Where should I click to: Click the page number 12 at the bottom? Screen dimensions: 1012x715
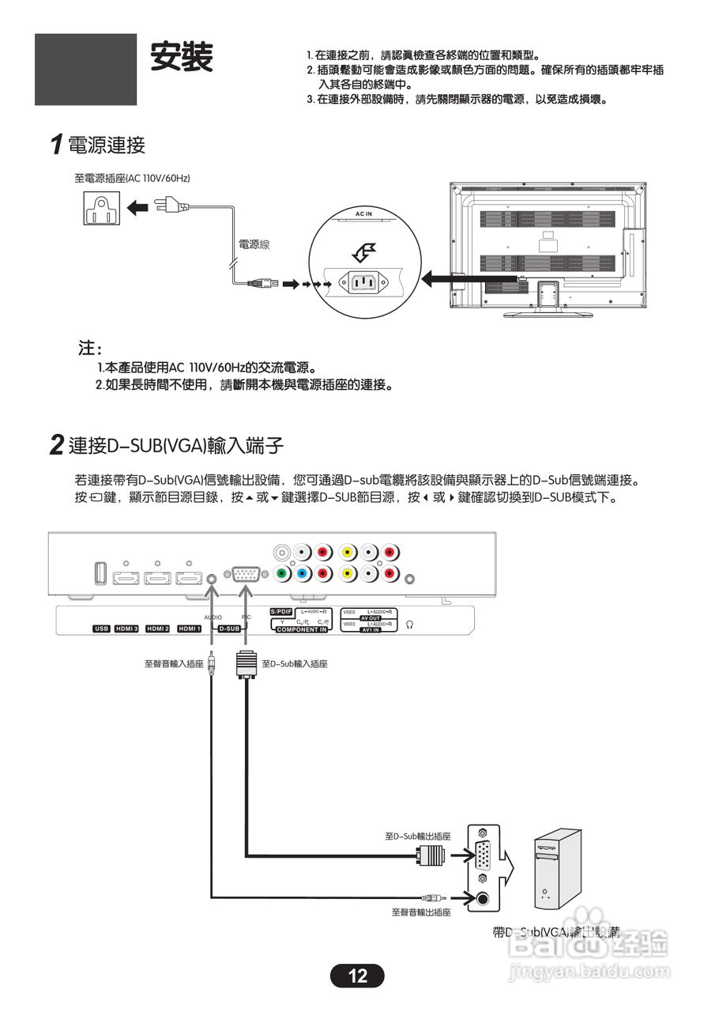coord(357,976)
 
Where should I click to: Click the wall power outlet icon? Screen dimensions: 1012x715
coord(101,208)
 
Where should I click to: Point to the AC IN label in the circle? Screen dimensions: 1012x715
coord(363,214)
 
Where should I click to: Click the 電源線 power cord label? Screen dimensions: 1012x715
coord(254,245)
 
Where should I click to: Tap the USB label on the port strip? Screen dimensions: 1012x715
coord(100,629)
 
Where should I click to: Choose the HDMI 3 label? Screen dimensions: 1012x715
coord(126,629)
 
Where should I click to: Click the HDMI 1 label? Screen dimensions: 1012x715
coord(188,629)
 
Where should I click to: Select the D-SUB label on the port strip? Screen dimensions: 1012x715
coord(229,629)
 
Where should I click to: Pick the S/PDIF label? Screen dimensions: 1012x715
coord(281,612)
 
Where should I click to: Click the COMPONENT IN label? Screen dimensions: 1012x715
coord(301,629)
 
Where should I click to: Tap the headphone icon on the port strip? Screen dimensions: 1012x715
coord(410,624)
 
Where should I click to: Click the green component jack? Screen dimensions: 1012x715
coord(281,573)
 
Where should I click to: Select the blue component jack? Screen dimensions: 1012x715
coord(302,573)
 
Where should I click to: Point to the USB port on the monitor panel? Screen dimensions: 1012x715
coord(99,573)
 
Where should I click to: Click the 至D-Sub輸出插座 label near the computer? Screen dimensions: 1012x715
coord(417,836)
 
